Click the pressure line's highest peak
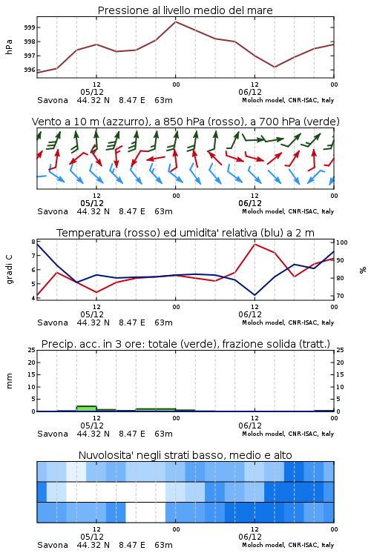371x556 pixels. click(x=175, y=21)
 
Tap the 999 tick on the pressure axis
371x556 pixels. click(x=30, y=27)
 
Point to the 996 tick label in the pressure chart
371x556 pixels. click(x=30, y=70)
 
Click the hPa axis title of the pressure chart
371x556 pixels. click(x=9, y=47)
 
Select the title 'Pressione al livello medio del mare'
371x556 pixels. click(x=185, y=10)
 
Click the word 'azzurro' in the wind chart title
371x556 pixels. click(x=125, y=122)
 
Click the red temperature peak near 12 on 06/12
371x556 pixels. click(x=255, y=244)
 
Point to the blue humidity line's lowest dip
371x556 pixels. click(x=255, y=294)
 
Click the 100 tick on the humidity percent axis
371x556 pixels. click(x=342, y=242)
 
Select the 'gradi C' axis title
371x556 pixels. click(x=10, y=269)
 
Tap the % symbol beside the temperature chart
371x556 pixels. click(x=363, y=270)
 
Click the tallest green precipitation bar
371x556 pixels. click(x=87, y=408)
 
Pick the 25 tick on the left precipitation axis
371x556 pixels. click(x=32, y=350)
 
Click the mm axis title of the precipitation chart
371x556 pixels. click(x=10, y=381)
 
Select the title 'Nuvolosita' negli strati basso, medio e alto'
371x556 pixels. click(x=185, y=455)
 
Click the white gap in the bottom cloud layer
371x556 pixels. click(x=145, y=512)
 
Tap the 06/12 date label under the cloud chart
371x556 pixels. click(x=250, y=537)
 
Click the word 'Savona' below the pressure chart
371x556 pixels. click(x=53, y=100)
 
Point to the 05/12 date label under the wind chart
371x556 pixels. click(x=92, y=203)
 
